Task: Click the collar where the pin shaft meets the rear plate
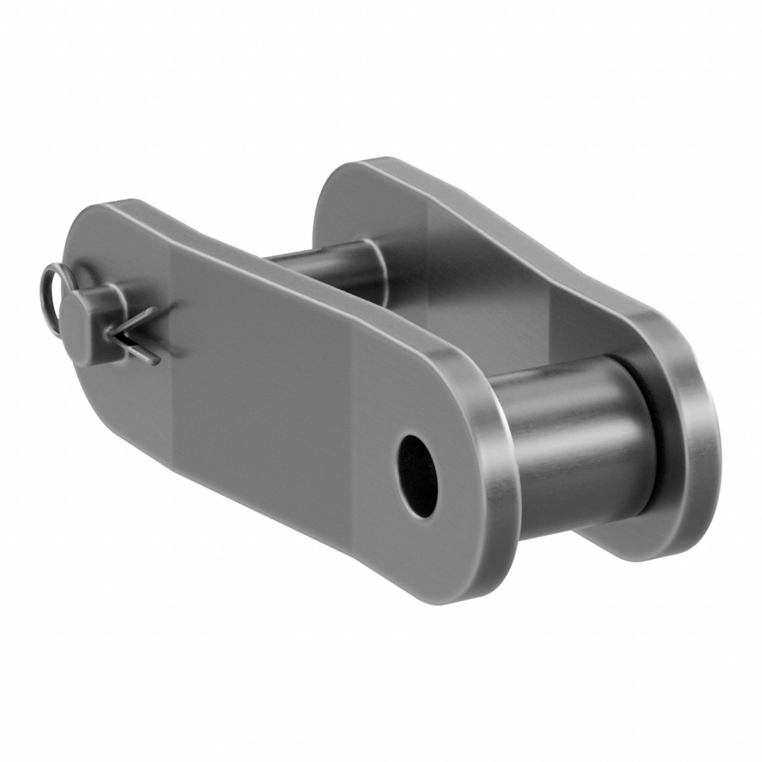tap(375, 268)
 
